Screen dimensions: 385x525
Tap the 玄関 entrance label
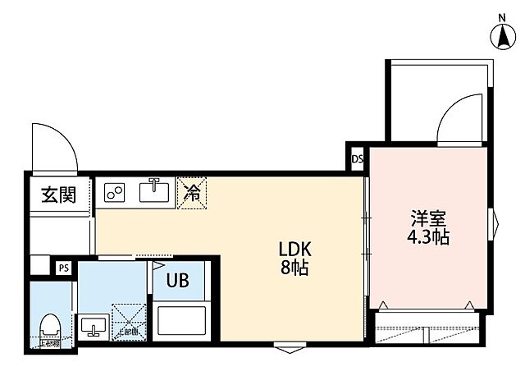click(x=59, y=195)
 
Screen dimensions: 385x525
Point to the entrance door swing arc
click(x=57, y=148)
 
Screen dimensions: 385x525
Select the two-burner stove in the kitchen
click(x=115, y=194)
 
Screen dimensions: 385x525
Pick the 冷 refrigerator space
click(x=193, y=194)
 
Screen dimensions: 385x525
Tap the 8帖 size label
click(x=293, y=268)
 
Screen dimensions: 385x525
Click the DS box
click(x=357, y=159)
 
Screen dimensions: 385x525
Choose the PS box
click(x=63, y=267)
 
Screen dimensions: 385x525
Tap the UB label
click(x=178, y=281)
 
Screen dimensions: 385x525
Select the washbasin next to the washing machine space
click(x=93, y=326)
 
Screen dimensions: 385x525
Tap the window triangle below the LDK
click(x=285, y=349)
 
